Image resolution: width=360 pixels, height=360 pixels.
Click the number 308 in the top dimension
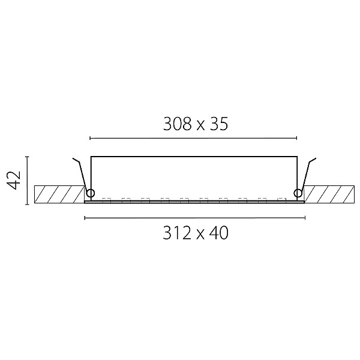click(177, 124)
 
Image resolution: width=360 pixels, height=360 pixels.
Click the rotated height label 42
click(14, 180)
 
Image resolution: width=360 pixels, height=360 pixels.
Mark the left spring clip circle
click(90, 193)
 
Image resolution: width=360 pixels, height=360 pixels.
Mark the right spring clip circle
click(298, 193)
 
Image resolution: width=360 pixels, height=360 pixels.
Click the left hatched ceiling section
click(59, 194)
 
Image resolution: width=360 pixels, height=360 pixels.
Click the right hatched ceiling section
click(329, 194)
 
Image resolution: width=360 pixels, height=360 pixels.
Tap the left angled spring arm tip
click(73, 158)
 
